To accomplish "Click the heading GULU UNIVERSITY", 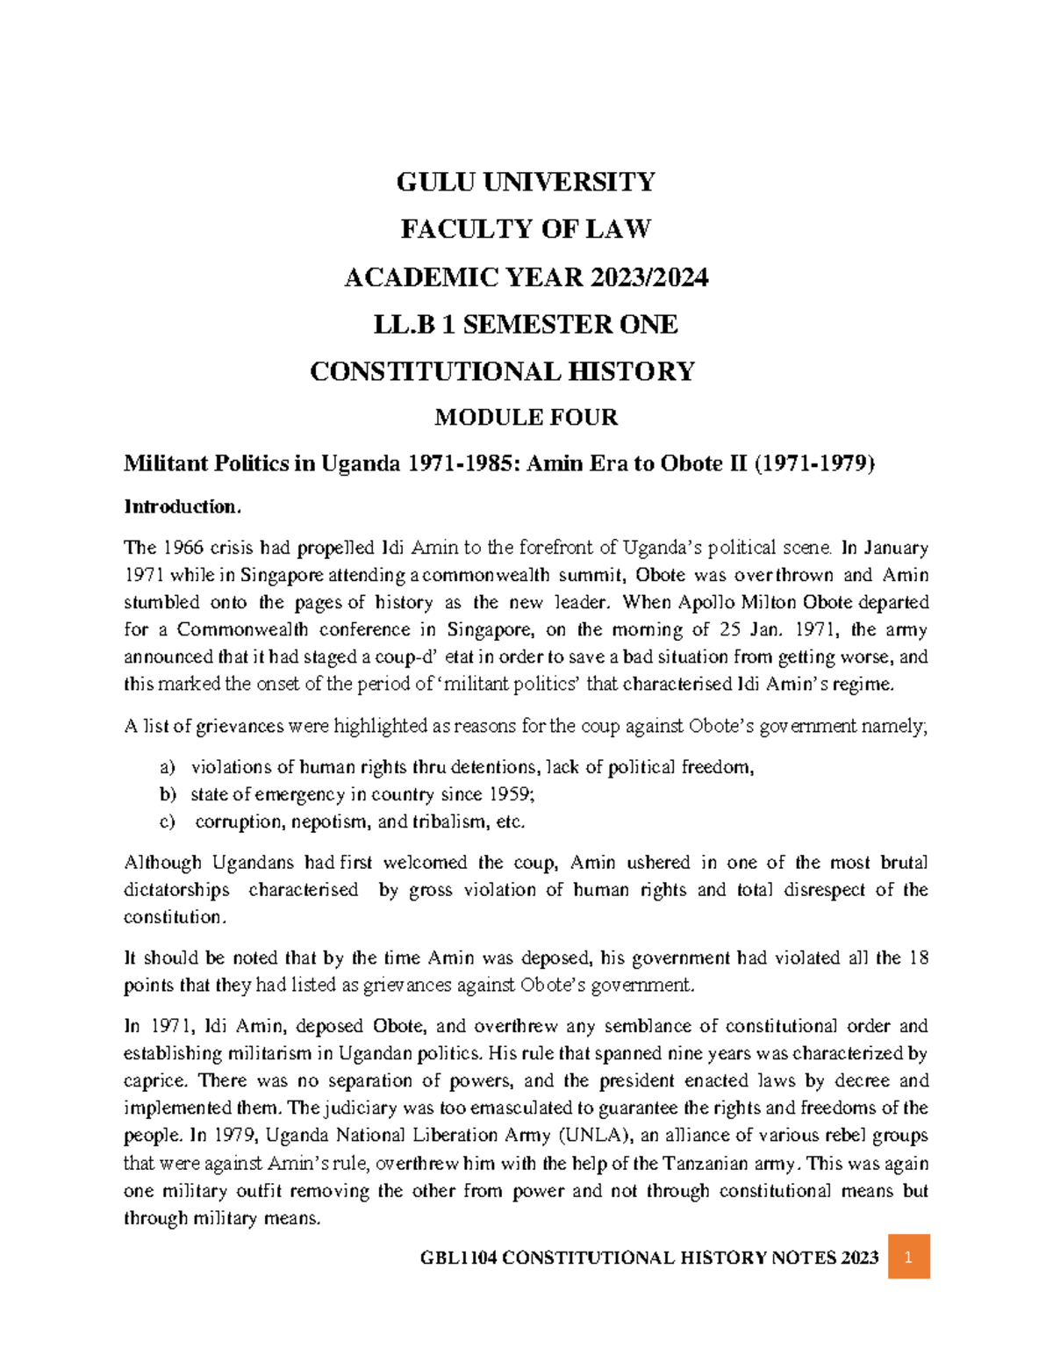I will coord(526,182).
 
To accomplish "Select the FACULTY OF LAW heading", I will coord(526,229).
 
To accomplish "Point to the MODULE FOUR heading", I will coord(526,417).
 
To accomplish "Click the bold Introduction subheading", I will coord(182,506).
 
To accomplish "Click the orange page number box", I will coord(908,1257).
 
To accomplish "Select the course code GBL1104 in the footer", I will coord(459,1258).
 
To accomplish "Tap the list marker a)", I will coord(168,767).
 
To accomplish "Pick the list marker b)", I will coord(168,794).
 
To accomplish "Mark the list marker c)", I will coord(168,821).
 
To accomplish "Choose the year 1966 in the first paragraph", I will coord(183,548).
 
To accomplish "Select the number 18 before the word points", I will coord(918,958).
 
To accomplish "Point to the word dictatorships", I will coord(176,889).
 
